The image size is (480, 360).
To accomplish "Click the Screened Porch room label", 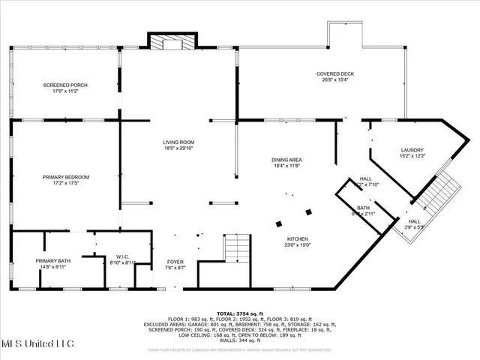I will (x=65, y=85).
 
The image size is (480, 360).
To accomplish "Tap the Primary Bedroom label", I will (x=65, y=177).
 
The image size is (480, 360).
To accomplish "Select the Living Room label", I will (x=179, y=142).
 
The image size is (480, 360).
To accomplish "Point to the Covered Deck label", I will (x=334, y=73).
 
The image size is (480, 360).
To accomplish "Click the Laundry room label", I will (x=412, y=150).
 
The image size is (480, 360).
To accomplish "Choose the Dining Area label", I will (x=286, y=160).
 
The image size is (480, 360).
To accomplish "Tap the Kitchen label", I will (x=297, y=239).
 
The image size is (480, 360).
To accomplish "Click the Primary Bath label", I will (x=52, y=260).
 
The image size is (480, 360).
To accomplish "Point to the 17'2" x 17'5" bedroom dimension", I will (x=65, y=183).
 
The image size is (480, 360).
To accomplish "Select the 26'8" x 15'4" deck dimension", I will (x=334, y=80).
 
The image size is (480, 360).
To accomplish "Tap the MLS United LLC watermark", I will (x=37, y=343).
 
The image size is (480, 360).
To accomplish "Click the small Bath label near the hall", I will (x=363, y=208).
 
